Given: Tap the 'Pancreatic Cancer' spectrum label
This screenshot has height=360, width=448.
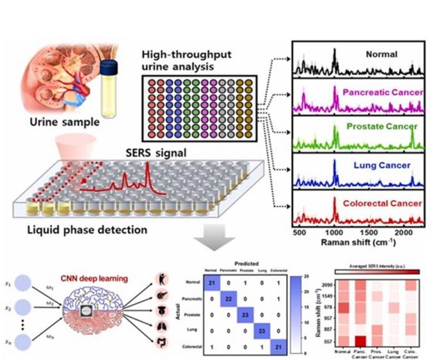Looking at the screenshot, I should click(383, 93).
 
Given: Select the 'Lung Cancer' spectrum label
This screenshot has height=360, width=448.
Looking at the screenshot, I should click(378, 164).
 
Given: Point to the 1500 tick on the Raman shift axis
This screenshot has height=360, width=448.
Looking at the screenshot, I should click(368, 234).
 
